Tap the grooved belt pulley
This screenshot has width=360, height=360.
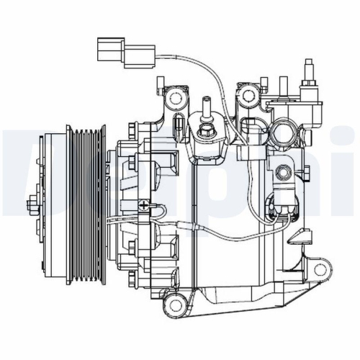pos(85,194)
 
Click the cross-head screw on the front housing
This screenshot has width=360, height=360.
pos(146,207)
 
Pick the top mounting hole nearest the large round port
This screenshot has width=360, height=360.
pos(249,94)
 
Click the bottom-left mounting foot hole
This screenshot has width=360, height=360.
pos(174,307)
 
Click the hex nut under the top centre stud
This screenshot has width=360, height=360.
pos(205,131)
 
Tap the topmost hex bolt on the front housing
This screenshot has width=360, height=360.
pos(132,128)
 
